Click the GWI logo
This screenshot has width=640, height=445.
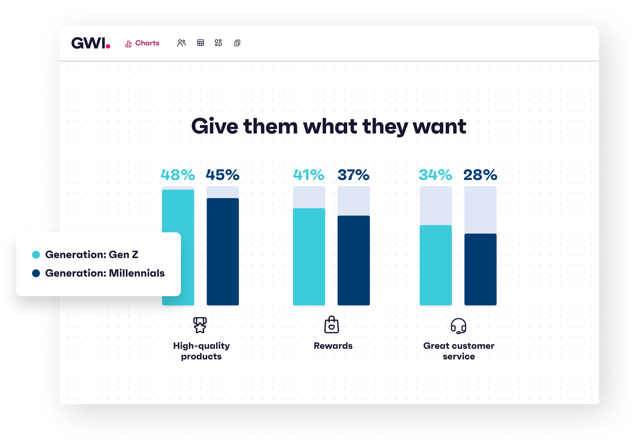tap(90, 43)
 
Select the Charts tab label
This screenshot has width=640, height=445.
tap(147, 43)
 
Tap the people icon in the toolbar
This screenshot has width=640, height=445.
tap(181, 43)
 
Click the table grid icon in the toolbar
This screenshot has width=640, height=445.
tap(200, 43)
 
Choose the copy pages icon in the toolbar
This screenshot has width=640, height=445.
tap(237, 43)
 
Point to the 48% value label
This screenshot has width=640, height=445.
tap(178, 175)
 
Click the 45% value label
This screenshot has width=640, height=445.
tap(222, 175)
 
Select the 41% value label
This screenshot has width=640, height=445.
tap(309, 175)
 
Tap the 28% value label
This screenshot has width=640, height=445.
tap(480, 175)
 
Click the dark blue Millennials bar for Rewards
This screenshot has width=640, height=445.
tap(354, 260)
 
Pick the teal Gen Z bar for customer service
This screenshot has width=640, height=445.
tap(436, 265)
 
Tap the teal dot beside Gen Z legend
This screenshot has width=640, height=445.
tap(36, 255)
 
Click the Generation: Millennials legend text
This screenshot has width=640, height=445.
tap(105, 273)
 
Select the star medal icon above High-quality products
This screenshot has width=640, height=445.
tap(200, 325)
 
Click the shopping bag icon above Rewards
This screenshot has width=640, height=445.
tap(331, 325)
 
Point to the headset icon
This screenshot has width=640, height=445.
tap(458, 326)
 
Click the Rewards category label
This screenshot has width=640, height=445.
tap(333, 346)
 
